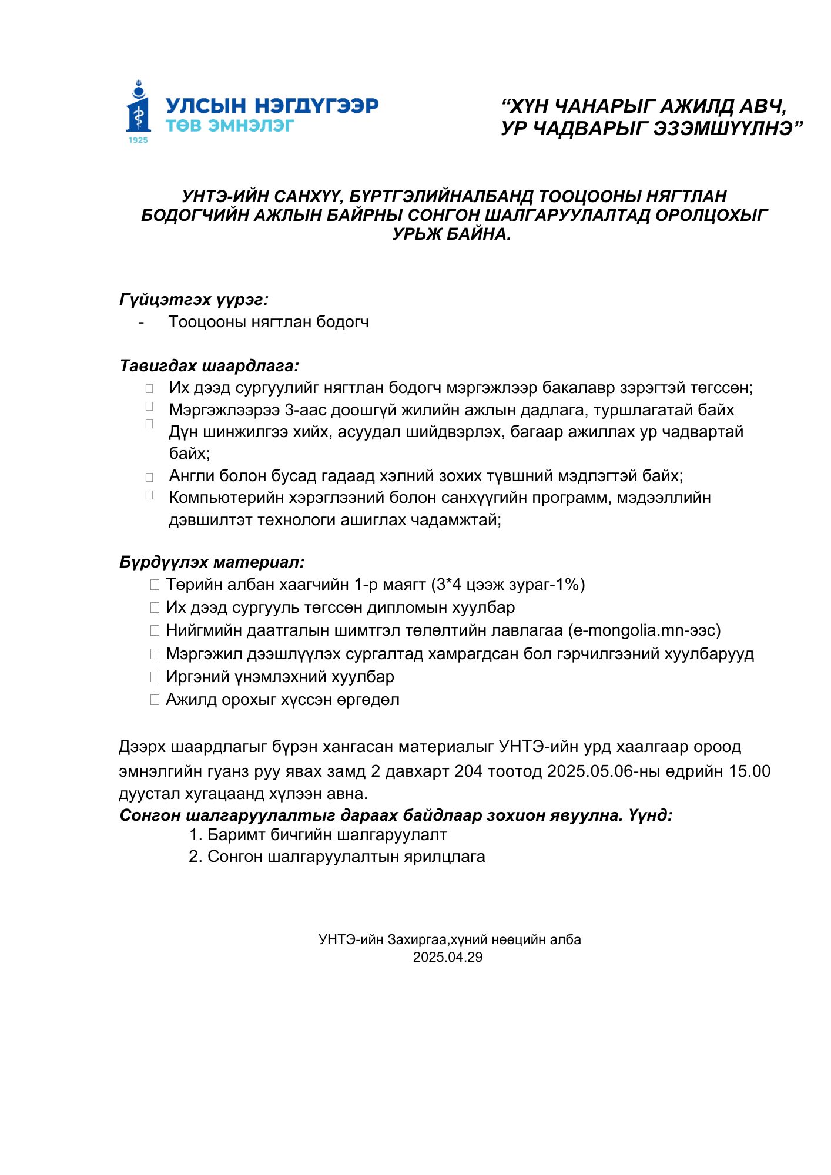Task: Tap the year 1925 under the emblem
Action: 138,140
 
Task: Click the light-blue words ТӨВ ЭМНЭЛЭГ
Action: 230,125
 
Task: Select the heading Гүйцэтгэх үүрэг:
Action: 194,300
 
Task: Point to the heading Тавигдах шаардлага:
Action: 209,366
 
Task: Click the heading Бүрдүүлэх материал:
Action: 212,562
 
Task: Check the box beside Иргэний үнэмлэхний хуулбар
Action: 155,677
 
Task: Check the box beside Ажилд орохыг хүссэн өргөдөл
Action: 155,700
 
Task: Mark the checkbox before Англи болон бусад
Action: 149,477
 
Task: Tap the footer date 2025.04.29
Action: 448,957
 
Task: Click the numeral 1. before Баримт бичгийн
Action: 196,835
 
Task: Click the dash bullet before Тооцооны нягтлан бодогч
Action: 142,322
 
